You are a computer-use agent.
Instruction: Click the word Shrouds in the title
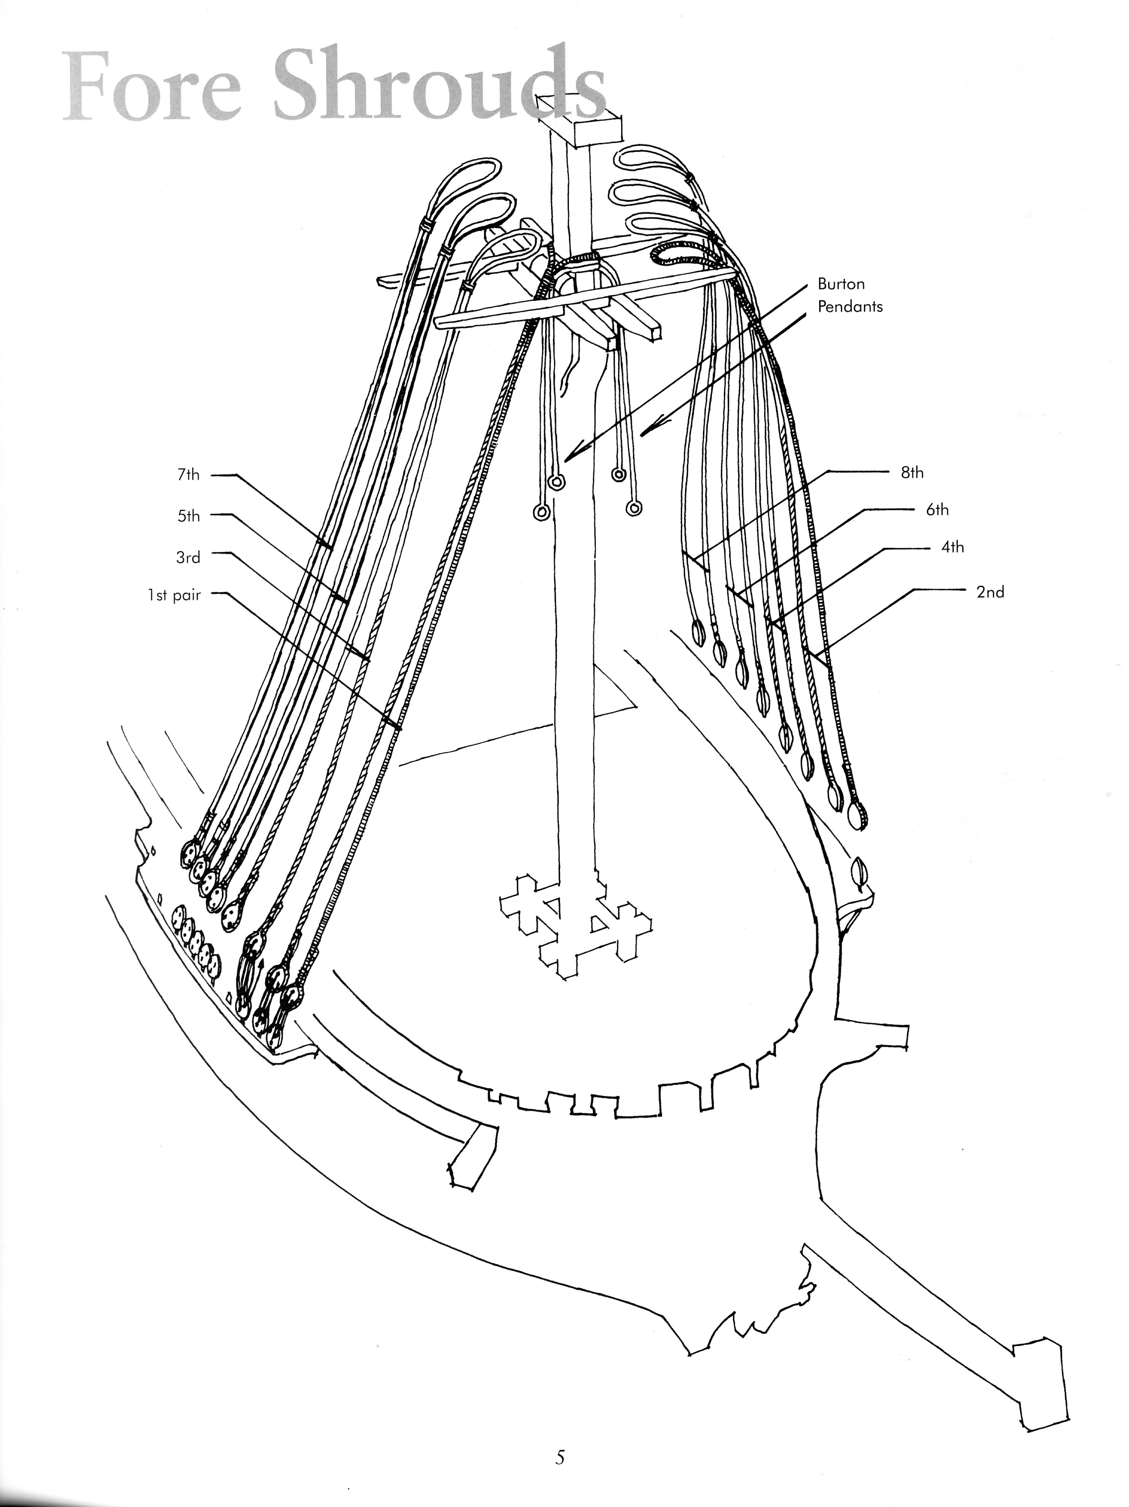point(439,87)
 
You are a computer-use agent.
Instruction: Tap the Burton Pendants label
point(849,295)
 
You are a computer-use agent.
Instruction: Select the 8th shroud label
point(912,472)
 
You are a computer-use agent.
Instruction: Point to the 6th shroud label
point(937,509)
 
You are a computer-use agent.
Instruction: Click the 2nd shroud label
point(990,591)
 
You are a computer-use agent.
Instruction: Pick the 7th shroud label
point(188,475)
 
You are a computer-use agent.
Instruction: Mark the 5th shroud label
point(189,516)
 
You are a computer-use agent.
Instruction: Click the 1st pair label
point(174,595)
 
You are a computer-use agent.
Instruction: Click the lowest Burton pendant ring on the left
point(541,513)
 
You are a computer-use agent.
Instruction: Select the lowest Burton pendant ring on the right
point(635,508)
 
